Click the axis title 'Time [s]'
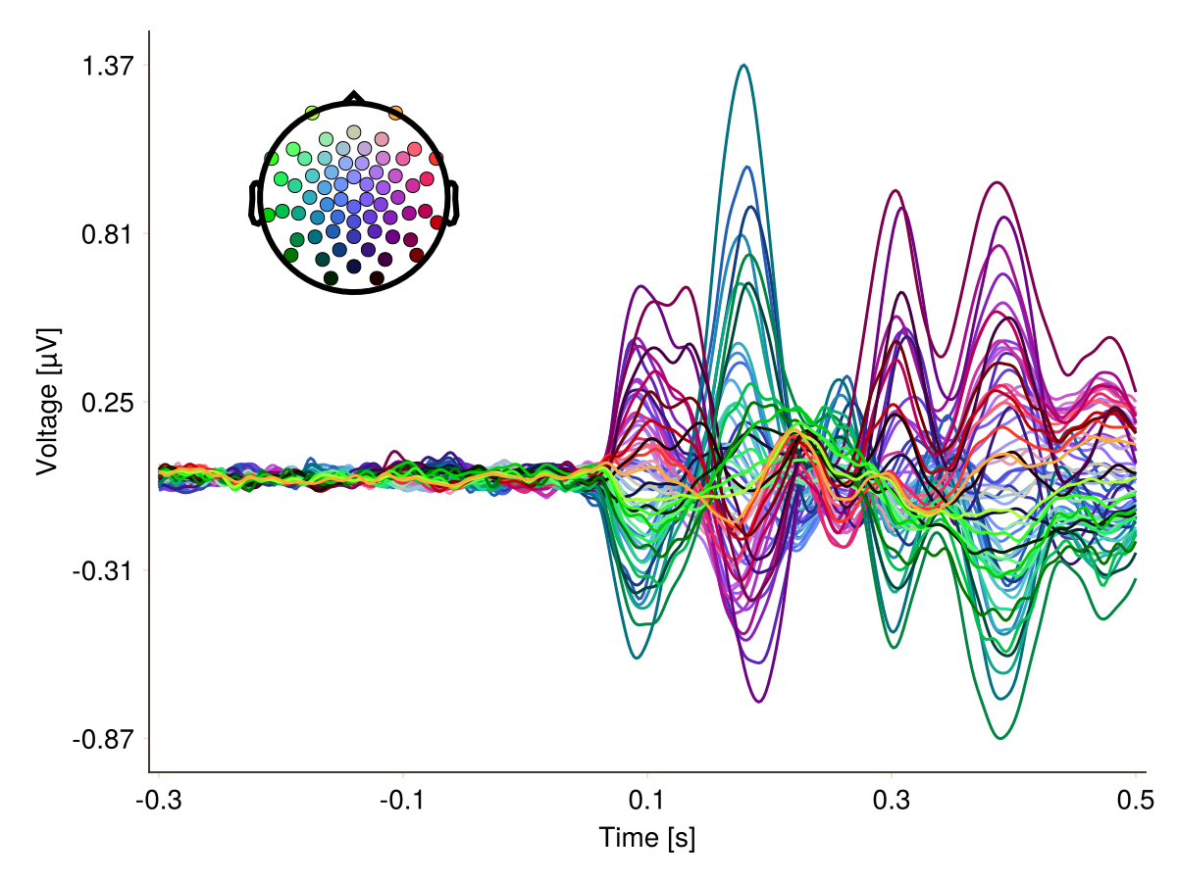click(x=647, y=838)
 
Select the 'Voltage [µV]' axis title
click(x=47, y=402)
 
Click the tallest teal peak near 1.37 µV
click(x=744, y=66)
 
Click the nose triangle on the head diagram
click(x=354, y=97)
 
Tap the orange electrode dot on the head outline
click(x=395, y=114)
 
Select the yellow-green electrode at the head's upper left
click(x=312, y=114)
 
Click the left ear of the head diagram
click(x=254, y=203)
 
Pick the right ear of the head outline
click(x=454, y=203)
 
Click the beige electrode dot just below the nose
click(x=354, y=132)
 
